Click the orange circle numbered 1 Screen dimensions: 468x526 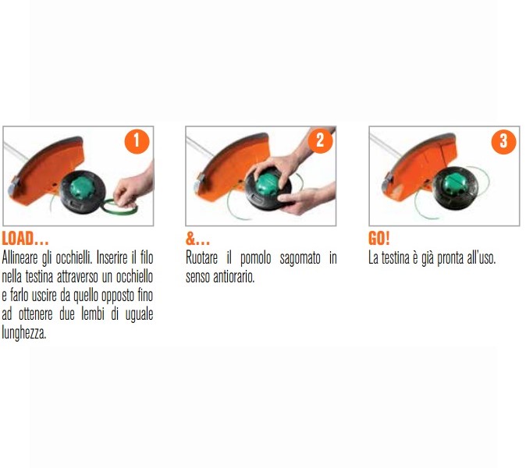[x=137, y=141]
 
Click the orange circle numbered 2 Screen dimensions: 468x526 [x=319, y=140]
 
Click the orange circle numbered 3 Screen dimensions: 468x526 [x=503, y=141]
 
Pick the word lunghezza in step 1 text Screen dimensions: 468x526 [x=25, y=333]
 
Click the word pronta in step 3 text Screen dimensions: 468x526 [x=452, y=258]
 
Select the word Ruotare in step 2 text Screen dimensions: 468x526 [x=204, y=258]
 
